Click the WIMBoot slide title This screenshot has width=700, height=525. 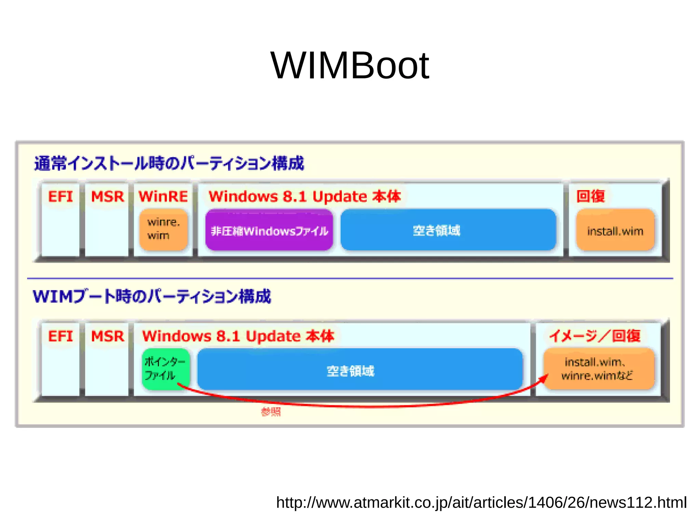click(349, 65)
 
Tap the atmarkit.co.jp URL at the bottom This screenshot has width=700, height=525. click(481, 502)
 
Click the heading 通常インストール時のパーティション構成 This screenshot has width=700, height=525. click(169, 163)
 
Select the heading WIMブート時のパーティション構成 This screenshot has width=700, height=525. click(152, 296)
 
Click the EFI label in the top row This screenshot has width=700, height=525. click(60, 197)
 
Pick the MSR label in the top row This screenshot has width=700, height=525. click(107, 197)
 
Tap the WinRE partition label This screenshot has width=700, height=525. click(163, 197)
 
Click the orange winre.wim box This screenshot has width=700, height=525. click(163, 229)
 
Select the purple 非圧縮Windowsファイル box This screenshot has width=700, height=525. click(269, 230)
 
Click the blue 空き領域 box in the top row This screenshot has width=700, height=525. click(448, 230)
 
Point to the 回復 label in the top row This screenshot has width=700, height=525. click(590, 196)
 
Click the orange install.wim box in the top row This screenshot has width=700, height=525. click(615, 231)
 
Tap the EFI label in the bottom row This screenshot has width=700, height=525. click(60, 336)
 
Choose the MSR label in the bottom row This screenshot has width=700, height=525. click(107, 336)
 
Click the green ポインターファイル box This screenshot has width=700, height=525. click(165, 368)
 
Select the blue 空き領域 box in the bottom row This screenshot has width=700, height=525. click(360, 370)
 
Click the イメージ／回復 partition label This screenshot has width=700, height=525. click(595, 336)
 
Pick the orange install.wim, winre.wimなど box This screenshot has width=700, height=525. click(598, 369)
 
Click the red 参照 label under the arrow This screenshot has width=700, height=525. click(271, 411)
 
